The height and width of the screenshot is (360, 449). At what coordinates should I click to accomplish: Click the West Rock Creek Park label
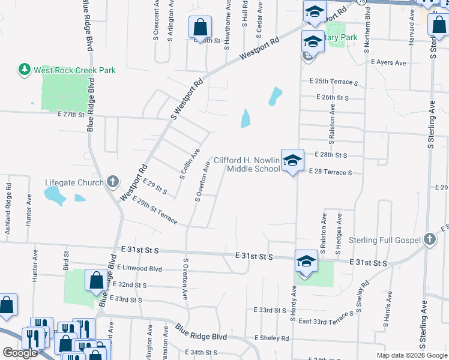74,70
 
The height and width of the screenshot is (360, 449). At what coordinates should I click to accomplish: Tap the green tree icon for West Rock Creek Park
25,70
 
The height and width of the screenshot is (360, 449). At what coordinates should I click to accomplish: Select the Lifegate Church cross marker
112,182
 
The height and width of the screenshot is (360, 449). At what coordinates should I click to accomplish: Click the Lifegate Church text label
75,182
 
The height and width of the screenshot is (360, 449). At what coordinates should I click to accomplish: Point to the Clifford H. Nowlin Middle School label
246,164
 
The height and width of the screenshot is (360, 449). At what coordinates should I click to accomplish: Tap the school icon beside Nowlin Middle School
292,160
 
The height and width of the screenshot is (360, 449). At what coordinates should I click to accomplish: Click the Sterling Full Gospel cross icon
429,240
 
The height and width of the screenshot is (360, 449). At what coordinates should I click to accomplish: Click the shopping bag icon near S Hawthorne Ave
200,27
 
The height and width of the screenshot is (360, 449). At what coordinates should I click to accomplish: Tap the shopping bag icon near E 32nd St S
96,280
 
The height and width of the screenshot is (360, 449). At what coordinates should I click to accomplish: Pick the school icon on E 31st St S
306,261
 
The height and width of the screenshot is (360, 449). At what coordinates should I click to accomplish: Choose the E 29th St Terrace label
155,210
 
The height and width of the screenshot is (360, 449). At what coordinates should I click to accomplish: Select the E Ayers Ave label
388,62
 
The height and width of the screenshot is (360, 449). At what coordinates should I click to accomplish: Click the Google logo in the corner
20,353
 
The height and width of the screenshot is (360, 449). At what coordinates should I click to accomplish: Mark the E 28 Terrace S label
330,172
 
